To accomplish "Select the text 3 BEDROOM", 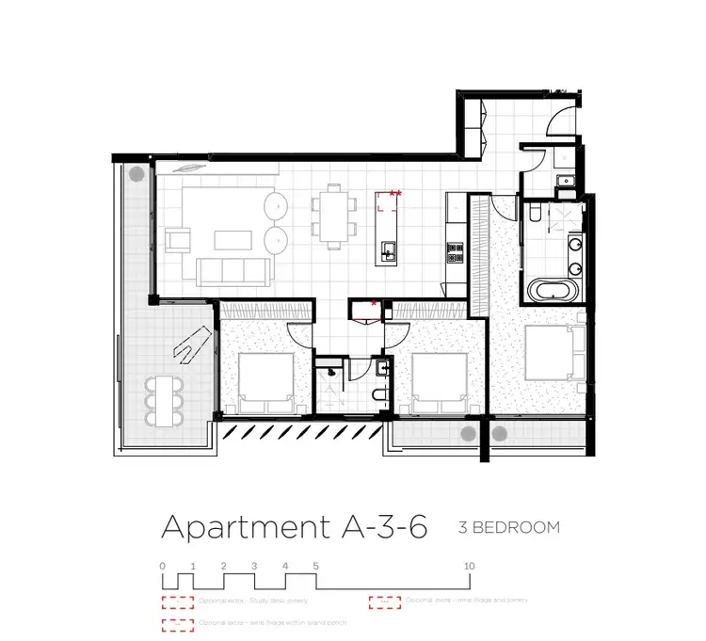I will pos(509,527).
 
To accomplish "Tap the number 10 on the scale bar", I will pos(470,565).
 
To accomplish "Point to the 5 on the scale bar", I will pos(315,565).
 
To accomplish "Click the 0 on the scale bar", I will pos(163,565).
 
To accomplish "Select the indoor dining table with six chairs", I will pos(332,216).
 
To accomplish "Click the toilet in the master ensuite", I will pos(534,215).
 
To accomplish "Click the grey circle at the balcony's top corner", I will pos(136,173).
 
